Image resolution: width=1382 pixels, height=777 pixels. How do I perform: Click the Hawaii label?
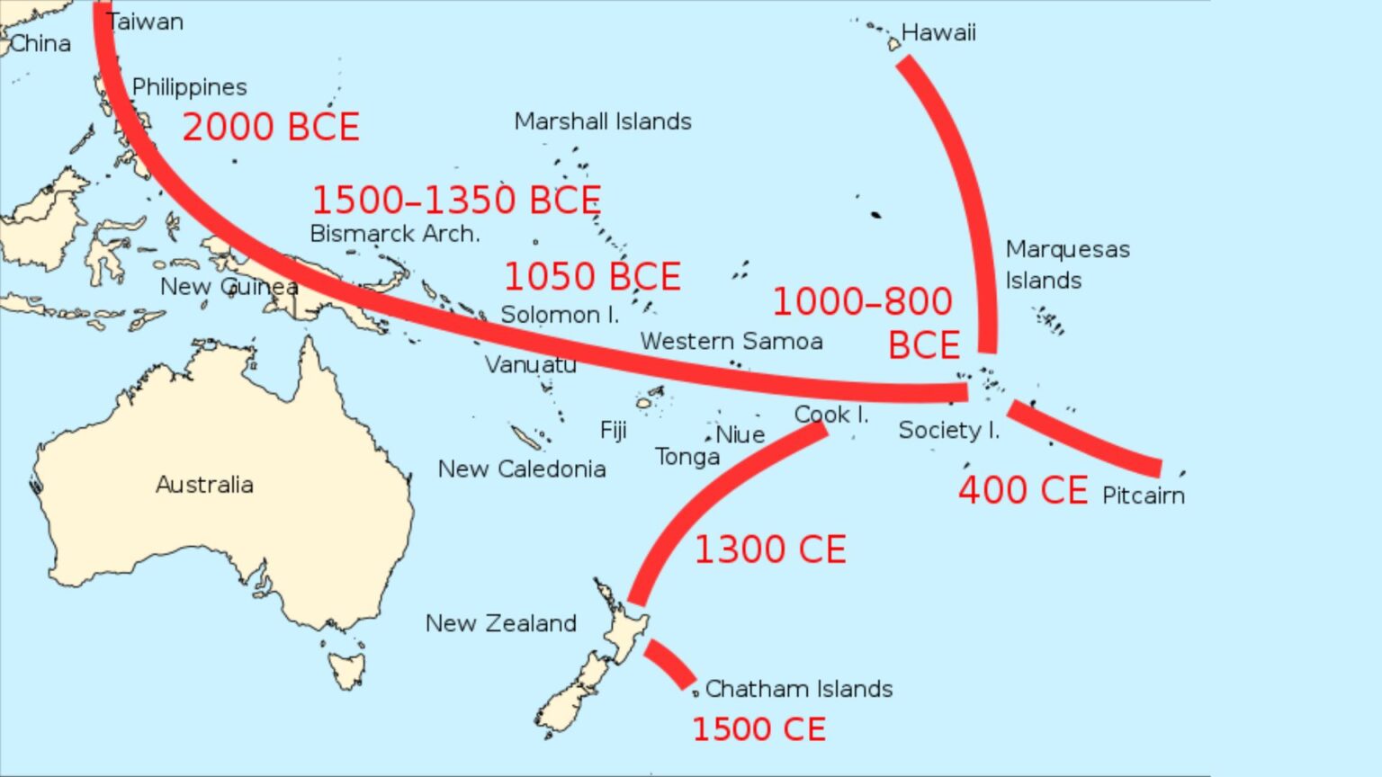pos(938,33)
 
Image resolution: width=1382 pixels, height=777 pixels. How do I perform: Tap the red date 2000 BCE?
pos(271,128)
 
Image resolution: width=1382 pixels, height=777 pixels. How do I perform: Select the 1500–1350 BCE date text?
pos(456,201)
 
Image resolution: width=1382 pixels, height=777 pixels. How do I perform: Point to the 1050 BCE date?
pos(592,277)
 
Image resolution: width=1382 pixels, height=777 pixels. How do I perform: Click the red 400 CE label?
pos(1023,491)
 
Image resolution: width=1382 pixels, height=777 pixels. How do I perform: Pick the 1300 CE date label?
pos(770,550)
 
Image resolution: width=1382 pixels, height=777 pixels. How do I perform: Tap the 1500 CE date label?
pos(758,729)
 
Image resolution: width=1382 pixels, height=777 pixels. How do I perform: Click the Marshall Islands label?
pos(603,122)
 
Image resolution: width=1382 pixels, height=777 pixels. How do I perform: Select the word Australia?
pos(204,485)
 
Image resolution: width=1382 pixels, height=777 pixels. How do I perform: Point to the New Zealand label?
pos(501,623)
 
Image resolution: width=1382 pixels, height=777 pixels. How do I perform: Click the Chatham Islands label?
pos(799,689)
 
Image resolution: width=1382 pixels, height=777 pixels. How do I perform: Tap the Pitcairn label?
pos(1143,496)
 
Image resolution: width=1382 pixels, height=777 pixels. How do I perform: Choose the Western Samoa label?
pos(731,342)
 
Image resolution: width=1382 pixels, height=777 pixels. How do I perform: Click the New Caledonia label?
pos(522,469)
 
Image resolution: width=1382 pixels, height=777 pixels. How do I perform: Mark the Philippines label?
pos(189,87)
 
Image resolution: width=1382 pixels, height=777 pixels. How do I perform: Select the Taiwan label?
pos(146,22)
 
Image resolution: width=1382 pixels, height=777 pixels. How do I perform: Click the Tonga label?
pos(687,458)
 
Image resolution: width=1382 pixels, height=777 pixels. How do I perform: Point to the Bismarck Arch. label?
pos(395,234)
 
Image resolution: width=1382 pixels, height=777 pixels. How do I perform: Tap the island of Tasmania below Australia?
pos(346,669)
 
